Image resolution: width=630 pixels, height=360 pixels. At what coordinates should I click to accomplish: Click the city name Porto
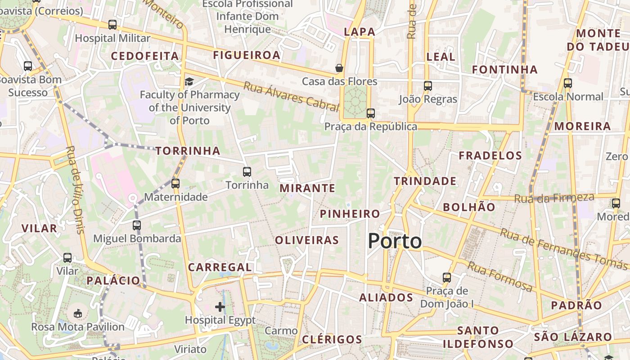tap(395, 241)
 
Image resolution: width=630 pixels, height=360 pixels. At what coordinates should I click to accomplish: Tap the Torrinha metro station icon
tap(247, 171)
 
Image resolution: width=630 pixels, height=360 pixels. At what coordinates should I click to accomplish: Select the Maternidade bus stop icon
tap(175, 183)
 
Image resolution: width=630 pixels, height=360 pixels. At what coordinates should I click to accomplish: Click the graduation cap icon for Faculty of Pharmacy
tap(189, 81)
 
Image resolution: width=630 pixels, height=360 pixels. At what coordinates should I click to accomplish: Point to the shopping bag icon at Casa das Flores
tap(339, 68)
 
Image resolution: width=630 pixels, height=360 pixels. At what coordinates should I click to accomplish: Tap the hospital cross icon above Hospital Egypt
tap(220, 307)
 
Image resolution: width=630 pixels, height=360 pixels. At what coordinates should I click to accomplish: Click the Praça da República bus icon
tap(370, 113)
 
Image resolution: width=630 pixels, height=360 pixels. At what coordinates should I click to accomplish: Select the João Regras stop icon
tap(427, 85)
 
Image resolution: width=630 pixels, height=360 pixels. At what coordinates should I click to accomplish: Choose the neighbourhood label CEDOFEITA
tap(144, 56)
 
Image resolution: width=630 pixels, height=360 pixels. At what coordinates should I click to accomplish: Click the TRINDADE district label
tap(425, 181)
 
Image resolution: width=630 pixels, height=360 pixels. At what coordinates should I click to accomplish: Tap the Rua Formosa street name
tap(499, 276)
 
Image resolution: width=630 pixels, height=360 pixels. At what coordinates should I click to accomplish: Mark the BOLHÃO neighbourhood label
tap(469, 207)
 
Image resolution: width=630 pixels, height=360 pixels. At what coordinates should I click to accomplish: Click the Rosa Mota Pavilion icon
tap(77, 313)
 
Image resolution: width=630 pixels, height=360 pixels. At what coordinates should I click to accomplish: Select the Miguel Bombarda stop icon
tap(137, 225)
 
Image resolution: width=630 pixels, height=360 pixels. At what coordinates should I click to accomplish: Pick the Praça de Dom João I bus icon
tap(446, 277)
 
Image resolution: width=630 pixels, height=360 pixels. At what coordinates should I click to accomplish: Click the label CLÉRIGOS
tap(332, 339)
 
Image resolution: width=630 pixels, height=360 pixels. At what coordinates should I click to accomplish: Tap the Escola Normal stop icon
tap(567, 83)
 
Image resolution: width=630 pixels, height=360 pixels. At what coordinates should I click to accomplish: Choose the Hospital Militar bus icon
tap(112, 25)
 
